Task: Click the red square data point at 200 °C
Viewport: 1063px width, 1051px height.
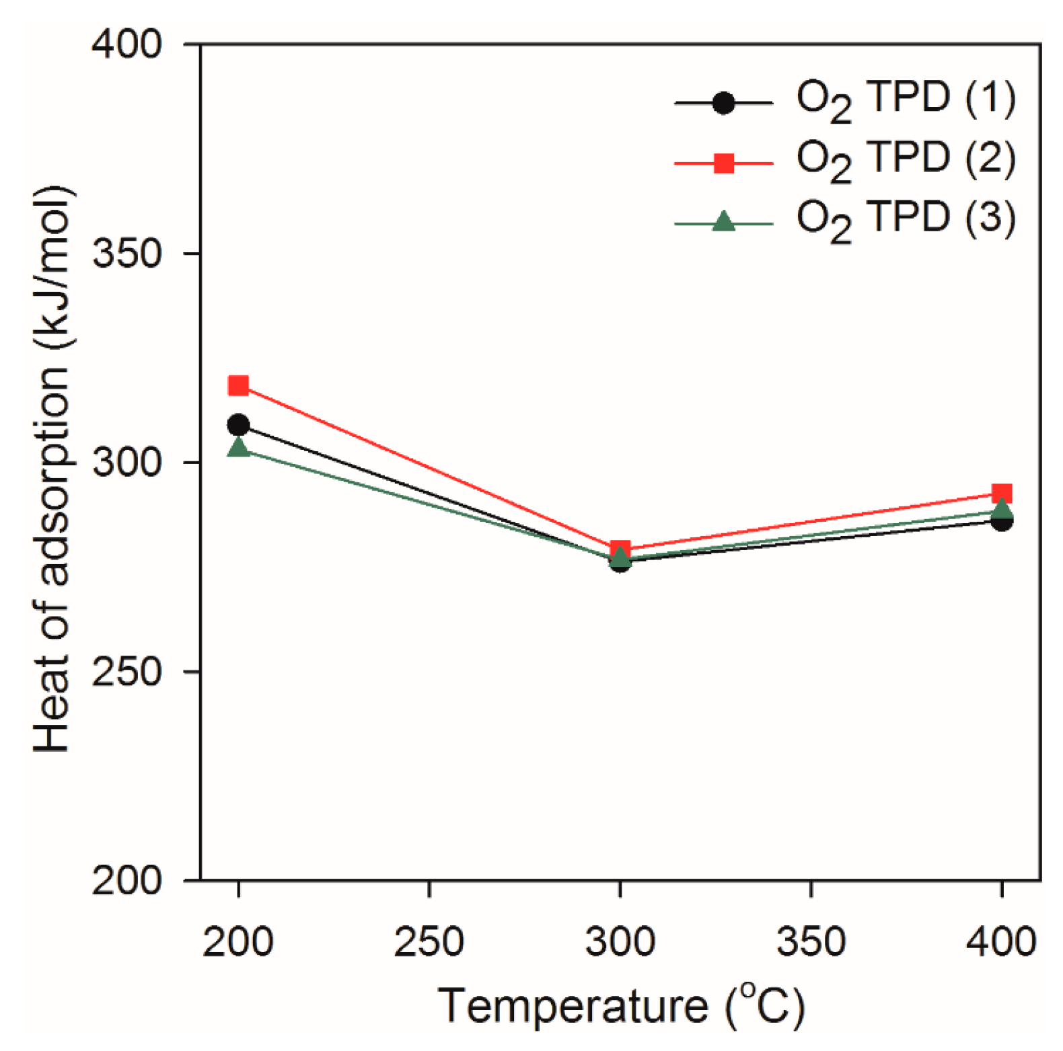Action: coord(238,386)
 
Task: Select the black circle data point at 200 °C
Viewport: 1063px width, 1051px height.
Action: coord(238,425)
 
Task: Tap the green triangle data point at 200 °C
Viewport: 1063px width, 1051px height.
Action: coord(238,447)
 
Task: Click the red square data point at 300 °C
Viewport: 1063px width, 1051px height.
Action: coord(620,549)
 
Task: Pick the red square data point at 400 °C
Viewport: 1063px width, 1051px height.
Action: coord(1002,494)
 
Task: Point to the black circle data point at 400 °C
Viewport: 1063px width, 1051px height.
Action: coord(1002,520)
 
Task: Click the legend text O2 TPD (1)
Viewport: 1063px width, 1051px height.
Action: coord(906,101)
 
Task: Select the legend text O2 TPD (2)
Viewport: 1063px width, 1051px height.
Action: coord(906,161)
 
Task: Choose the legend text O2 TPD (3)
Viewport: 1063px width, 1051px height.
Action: coord(906,221)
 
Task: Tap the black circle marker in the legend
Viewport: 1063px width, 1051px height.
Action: coord(723,103)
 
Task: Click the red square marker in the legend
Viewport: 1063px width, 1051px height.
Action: coord(723,163)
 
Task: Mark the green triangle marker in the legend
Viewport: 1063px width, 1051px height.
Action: coord(723,221)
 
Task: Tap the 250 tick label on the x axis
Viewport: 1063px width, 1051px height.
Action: coord(429,941)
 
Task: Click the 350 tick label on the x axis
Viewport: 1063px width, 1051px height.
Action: coord(811,941)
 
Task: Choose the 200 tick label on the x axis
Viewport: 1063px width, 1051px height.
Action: coord(237,941)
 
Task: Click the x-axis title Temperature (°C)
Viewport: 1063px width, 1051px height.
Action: coord(620,1006)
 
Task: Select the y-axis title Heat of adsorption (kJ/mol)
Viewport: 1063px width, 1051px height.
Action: coord(52,468)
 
